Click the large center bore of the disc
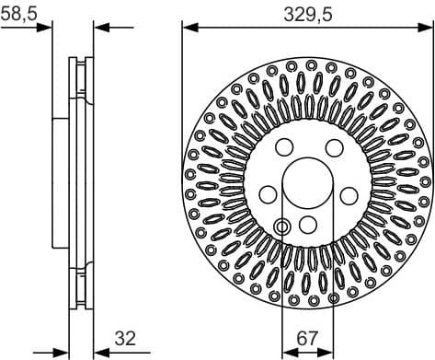coord(308,182)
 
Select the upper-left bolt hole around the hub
coord(283,147)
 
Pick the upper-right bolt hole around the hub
coord(332,147)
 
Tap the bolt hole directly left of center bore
coord(267,193)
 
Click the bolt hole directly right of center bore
coord(349,193)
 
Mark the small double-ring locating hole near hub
coord(282,225)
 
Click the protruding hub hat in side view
coord(61,182)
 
